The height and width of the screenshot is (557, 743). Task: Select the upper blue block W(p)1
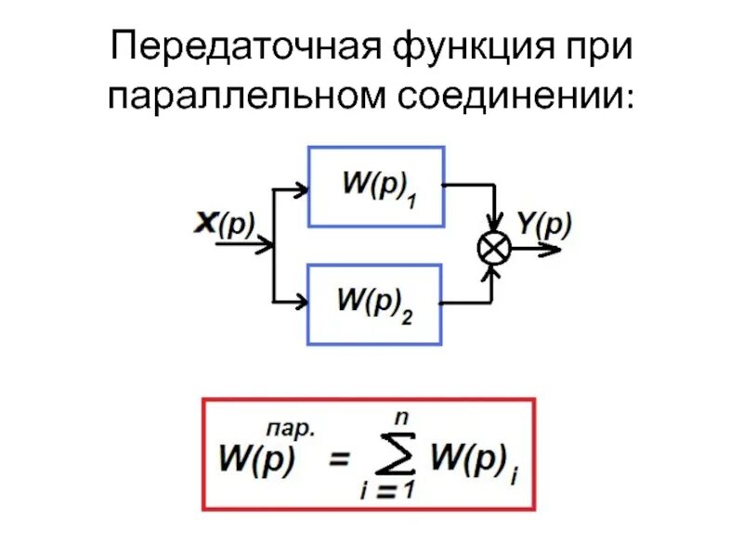click(x=376, y=186)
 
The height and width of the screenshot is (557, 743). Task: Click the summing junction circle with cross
click(x=493, y=248)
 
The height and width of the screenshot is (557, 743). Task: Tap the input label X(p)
click(x=224, y=223)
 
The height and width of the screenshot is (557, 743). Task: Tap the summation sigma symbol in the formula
click(x=390, y=460)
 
